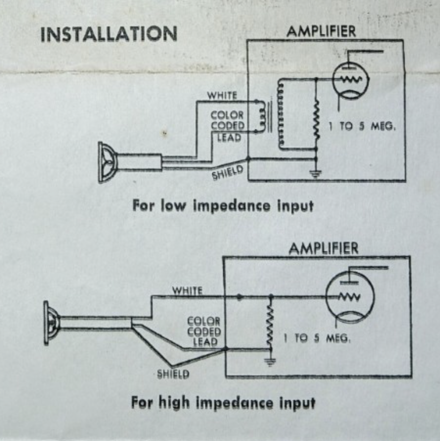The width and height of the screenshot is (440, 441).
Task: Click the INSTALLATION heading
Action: [x=109, y=34]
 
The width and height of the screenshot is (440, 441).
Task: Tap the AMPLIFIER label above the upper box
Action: [x=321, y=31]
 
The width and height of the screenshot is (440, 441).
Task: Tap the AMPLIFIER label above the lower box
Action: [x=324, y=249]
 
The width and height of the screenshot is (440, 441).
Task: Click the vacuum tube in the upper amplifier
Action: [x=351, y=81]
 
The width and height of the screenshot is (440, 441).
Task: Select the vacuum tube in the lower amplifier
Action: [x=350, y=298]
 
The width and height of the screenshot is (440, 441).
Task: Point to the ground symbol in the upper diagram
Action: [x=316, y=174]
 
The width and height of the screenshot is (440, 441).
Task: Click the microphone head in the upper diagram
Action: [x=107, y=162]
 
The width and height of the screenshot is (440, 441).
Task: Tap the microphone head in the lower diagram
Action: [x=51, y=323]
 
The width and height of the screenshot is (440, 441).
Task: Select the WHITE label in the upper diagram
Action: [x=222, y=96]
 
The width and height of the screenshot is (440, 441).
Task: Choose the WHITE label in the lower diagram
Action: [x=187, y=290]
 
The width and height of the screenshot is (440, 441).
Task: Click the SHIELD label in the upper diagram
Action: [x=227, y=173]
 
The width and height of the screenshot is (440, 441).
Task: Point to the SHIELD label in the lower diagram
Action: [x=173, y=374]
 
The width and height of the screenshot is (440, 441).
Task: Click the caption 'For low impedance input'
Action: [x=222, y=206]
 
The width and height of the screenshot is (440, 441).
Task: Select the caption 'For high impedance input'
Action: [x=223, y=402]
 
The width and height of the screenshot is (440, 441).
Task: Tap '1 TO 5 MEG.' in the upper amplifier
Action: [x=362, y=127]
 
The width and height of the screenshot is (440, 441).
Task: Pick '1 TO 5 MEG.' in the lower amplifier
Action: [x=317, y=338]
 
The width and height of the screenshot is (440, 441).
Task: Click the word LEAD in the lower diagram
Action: [x=205, y=342]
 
